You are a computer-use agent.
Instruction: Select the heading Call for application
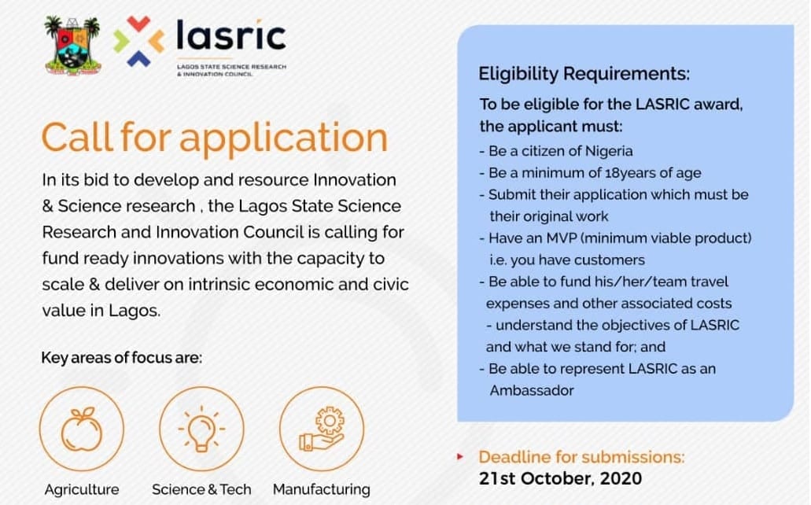[214, 137]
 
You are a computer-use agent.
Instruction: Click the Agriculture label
[82, 489]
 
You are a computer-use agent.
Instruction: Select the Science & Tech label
[201, 489]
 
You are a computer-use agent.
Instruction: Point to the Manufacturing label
[321, 489]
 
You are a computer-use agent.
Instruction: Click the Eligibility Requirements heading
[584, 75]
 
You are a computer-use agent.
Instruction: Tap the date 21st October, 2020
[560, 477]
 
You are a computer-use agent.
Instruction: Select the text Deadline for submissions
[581, 456]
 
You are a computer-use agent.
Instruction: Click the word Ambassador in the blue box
[531, 389]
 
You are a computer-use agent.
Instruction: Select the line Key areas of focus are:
[121, 359]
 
